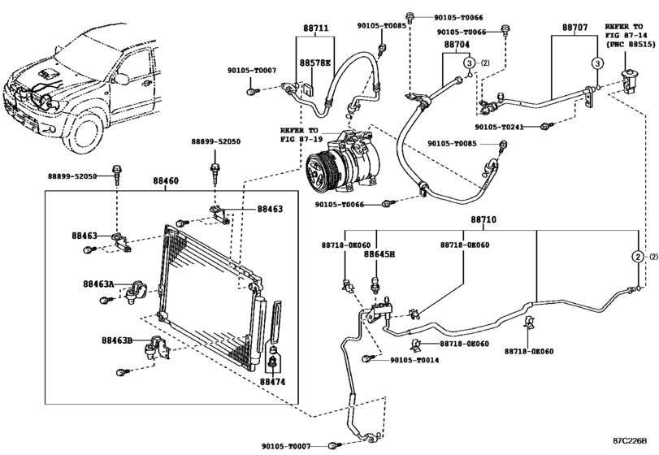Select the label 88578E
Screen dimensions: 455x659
tap(314, 62)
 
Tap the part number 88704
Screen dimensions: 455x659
tap(457, 46)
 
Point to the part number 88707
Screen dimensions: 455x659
tap(575, 27)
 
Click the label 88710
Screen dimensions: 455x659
tap(482, 219)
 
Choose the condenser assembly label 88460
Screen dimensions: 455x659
tap(165, 184)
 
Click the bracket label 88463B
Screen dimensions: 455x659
tap(117, 340)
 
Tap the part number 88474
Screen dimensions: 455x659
tap(274, 380)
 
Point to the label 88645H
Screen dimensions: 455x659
tap(379, 254)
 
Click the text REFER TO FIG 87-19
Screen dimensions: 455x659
tap(300, 133)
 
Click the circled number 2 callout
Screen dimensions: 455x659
tap(639, 257)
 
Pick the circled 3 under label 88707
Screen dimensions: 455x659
tap(596, 63)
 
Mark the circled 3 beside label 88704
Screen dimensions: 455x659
tap(470, 63)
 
